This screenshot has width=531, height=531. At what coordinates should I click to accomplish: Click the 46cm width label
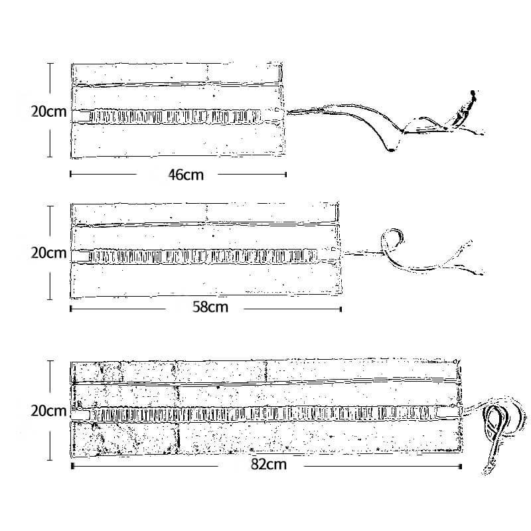coord(186,175)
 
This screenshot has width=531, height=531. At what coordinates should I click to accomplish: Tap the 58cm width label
coord(210,307)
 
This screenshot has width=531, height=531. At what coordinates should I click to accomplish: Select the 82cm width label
coord(269,464)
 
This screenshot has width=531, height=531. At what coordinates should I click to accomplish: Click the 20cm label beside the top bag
coord(48,112)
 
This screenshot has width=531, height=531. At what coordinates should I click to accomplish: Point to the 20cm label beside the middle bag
coord(48,253)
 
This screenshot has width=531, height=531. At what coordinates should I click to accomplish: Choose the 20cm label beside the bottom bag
coord(48,411)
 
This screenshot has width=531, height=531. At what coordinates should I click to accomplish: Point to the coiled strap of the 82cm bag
coord(498,430)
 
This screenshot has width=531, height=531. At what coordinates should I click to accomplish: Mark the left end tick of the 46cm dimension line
coord(70,175)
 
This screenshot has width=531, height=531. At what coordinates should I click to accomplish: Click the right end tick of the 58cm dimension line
coord(341,309)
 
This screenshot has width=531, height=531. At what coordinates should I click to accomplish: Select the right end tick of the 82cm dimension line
coord(461,467)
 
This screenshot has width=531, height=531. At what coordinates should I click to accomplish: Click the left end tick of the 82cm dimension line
coord(72,467)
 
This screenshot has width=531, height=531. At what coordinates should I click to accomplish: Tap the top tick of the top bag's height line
coord(50,64)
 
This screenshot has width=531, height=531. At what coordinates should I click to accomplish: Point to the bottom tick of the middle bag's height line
coord(50,299)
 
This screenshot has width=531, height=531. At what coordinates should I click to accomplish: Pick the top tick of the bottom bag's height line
coord(50,361)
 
